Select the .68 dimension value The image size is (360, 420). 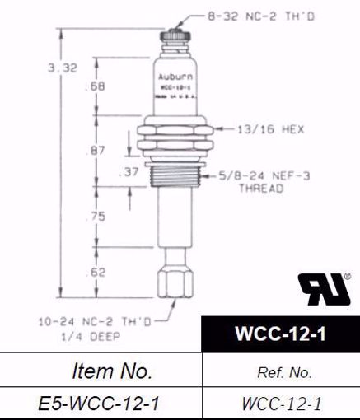96,86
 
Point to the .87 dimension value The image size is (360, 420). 96,152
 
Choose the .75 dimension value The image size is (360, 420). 96,217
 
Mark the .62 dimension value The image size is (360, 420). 96,271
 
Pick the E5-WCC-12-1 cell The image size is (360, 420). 101,404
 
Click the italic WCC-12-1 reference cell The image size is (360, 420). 282,404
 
